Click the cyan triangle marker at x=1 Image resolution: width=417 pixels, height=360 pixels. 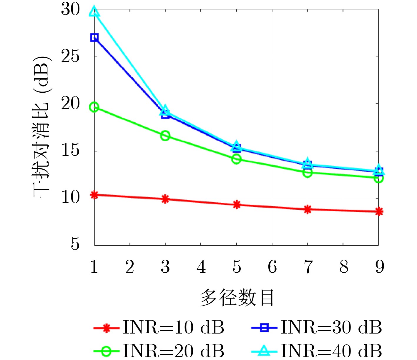pyautogui.click(x=94, y=12)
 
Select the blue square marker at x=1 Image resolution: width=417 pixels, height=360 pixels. pyautogui.click(x=94, y=38)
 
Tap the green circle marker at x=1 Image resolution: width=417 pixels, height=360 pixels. pyautogui.click(x=94, y=107)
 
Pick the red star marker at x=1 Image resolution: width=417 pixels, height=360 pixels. pyautogui.click(x=94, y=195)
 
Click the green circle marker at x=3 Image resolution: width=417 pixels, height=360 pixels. pyautogui.click(x=165, y=136)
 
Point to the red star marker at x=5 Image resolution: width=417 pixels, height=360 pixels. pyautogui.click(x=237, y=205)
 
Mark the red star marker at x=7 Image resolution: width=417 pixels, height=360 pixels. pyautogui.click(x=308, y=209)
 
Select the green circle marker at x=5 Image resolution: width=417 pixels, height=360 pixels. pyautogui.click(x=237, y=159)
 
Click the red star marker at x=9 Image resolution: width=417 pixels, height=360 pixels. pyautogui.click(x=379, y=211)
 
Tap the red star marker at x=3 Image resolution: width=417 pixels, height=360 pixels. pyautogui.click(x=165, y=199)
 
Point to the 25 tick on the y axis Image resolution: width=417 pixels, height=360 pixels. pyautogui.click(x=71, y=56)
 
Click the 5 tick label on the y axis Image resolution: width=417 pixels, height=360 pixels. pyautogui.click(x=75, y=244)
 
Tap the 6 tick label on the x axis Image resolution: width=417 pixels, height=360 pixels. pyautogui.click(x=272, y=267)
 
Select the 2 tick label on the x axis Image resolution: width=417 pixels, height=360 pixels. pyautogui.click(x=130, y=267)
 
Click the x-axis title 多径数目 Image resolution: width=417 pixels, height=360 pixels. pyautogui.click(x=237, y=298)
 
